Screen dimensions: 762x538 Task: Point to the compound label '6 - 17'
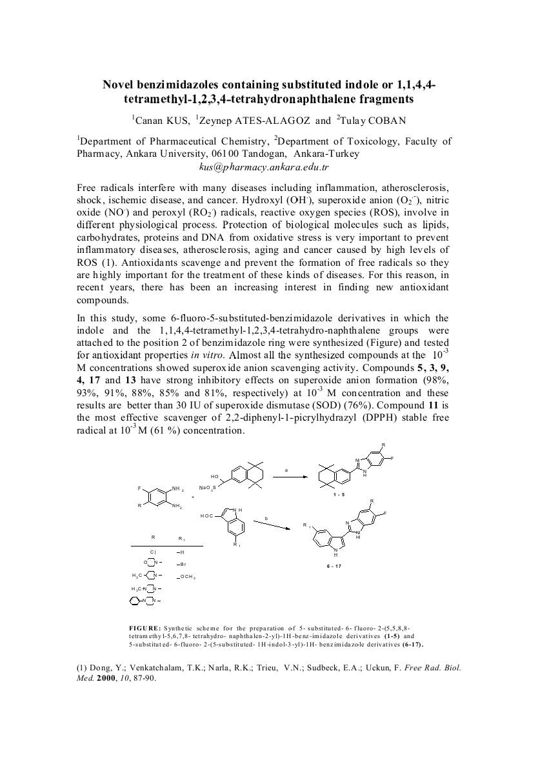(x=334, y=566)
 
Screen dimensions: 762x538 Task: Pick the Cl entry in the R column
(x=153, y=552)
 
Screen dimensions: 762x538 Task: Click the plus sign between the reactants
(x=192, y=497)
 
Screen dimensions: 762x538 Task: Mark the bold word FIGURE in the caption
(x=144, y=627)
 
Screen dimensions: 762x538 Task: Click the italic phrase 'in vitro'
(x=208, y=355)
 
